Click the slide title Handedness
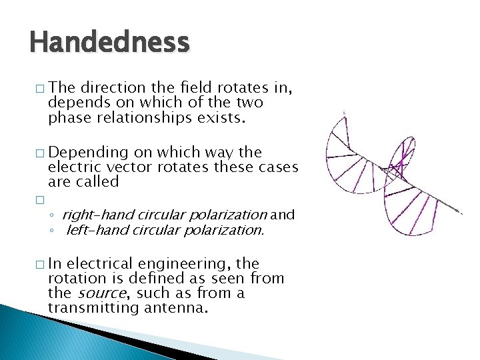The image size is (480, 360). pyautogui.click(x=110, y=43)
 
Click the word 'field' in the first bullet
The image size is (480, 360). pyautogui.click(x=192, y=88)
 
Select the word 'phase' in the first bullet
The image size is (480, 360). pyautogui.click(x=67, y=118)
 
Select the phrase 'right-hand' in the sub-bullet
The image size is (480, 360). pyautogui.click(x=93, y=215)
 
